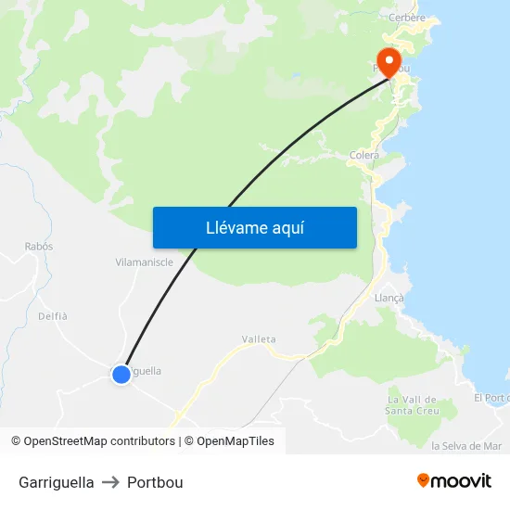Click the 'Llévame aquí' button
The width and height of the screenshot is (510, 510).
(x=254, y=227)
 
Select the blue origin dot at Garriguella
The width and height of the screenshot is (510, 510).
(x=121, y=375)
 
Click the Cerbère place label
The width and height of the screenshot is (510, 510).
(x=407, y=17)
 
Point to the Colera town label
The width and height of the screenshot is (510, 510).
(x=364, y=156)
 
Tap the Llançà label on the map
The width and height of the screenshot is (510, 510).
(x=389, y=298)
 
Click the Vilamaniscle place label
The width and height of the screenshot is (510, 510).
(x=144, y=261)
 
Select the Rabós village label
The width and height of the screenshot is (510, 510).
(x=39, y=247)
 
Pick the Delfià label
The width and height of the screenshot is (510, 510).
(x=53, y=316)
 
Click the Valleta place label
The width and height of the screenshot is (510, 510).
(x=259, y=339)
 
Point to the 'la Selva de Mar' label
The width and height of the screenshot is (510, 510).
(x=466, y=446)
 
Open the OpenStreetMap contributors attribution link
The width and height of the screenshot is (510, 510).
(x=99, y=441)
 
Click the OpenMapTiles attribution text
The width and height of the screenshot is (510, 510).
(x=235, y=441)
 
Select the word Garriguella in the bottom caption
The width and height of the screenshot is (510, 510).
(x=56, y=482)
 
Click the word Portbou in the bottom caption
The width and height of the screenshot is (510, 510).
(x=155, y=482)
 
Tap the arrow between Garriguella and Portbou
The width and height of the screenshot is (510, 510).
(x=110, y=482)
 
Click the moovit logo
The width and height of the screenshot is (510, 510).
(x=453, y=480)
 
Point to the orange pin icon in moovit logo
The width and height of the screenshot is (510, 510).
(x=424, y=480)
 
